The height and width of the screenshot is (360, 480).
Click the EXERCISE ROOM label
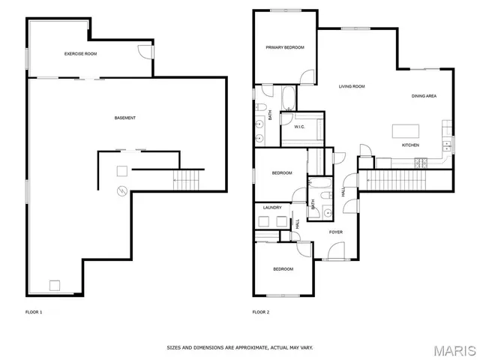click(80, 53)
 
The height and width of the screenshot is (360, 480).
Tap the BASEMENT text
click(125, 118)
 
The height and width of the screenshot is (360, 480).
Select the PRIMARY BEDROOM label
click(285, 47)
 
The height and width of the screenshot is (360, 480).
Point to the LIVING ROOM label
click(351, 86)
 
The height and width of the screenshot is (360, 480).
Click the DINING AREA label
click(424, 96)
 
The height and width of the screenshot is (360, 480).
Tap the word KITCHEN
click(410, 145)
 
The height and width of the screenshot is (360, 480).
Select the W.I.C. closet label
click(299, 127)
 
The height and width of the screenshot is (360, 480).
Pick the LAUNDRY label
click(272, 208)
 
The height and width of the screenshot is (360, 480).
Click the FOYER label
click(335, 232)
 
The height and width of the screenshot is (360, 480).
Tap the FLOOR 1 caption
click(34, 311)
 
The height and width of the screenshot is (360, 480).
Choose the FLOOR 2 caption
click(260, 311)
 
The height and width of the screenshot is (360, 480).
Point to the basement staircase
click(188, 180)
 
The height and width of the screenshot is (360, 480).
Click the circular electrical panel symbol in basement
click(118, 192)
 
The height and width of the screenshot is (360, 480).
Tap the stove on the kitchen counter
click(418, 160)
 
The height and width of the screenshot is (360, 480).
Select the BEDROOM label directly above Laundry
click(281, 173)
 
